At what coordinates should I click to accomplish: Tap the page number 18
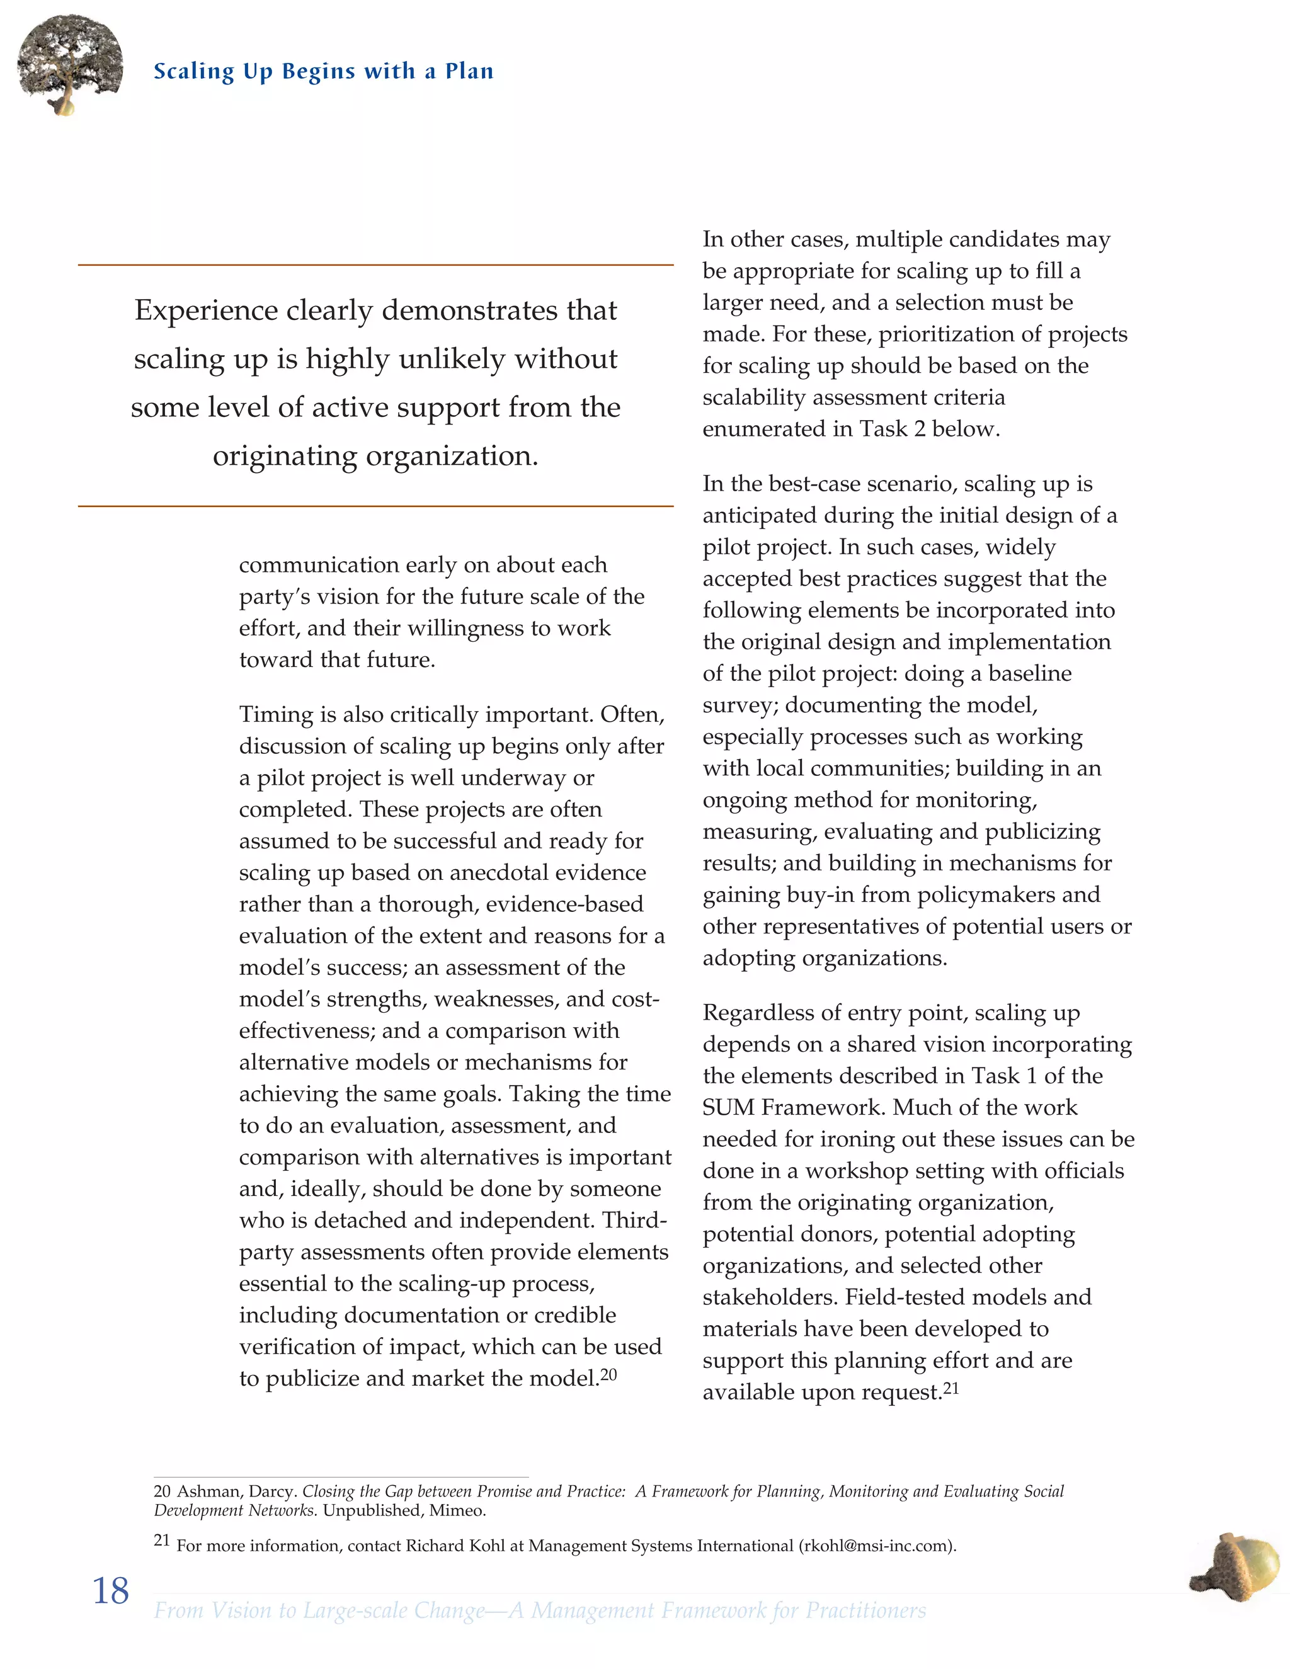pyautogui.click(x=110, y=1591)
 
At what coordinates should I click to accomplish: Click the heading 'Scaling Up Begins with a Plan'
pyautogui.click(x=323, y=72)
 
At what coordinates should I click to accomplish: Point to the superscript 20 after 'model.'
pyautogui.click(x=608, y=1374)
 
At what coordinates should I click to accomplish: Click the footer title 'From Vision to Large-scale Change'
pyautogui.click(x=319, y=1610)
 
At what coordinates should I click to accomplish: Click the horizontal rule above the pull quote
pyautogui.click(x=375, y=265)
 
